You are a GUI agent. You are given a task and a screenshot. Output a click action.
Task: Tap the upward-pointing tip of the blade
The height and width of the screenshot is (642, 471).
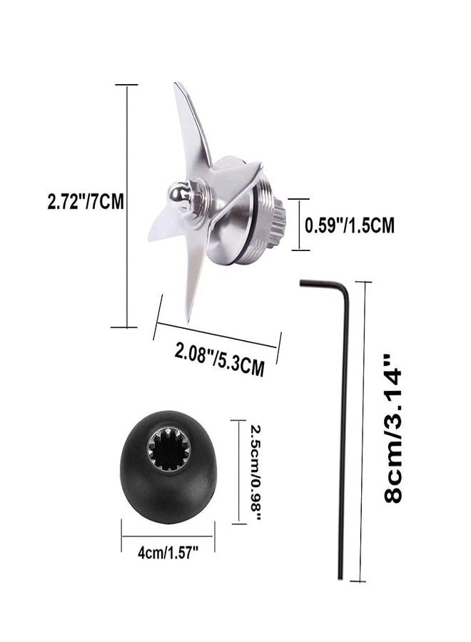click(x=178, y=89)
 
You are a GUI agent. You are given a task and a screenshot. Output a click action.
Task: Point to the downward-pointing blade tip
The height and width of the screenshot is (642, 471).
click(x=188, y=314)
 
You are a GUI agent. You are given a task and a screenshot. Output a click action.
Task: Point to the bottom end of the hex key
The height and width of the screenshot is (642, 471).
click(x=341, y=578)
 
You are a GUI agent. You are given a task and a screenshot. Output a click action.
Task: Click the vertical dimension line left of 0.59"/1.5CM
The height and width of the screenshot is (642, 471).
click(x=298, y=224)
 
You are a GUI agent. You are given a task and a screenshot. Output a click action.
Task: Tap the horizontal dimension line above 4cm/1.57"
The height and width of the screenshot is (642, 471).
click(x=168, y=529)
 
